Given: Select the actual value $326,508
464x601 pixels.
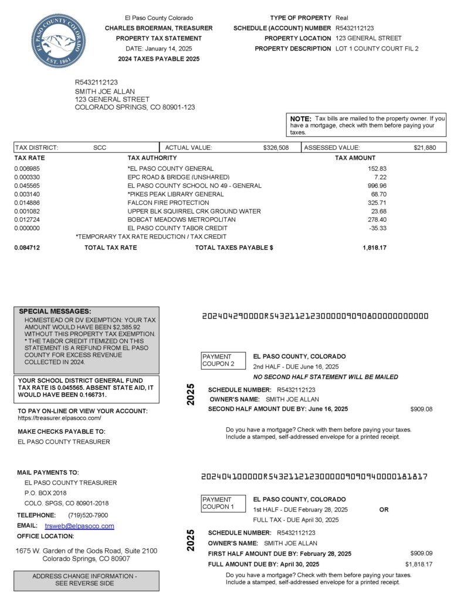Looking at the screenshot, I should tap(276, 148).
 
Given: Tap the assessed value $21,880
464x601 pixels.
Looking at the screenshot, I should tap(424, 148).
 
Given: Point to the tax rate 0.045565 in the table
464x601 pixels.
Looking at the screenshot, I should tap(27, 185).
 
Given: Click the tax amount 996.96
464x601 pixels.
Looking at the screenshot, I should tap(375, 185).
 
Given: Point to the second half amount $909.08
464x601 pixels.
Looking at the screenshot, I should tap(421, 409).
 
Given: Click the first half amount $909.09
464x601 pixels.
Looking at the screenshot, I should tap(421, 553).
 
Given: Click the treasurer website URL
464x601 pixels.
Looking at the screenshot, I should tap(60, 418).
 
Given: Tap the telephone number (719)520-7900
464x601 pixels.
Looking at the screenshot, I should tap(88, 515).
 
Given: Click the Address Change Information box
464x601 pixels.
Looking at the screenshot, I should tap(86, 580).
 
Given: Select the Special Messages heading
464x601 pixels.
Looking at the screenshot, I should tap(55, 311).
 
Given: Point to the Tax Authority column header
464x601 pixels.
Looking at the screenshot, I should tap(152, 158).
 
